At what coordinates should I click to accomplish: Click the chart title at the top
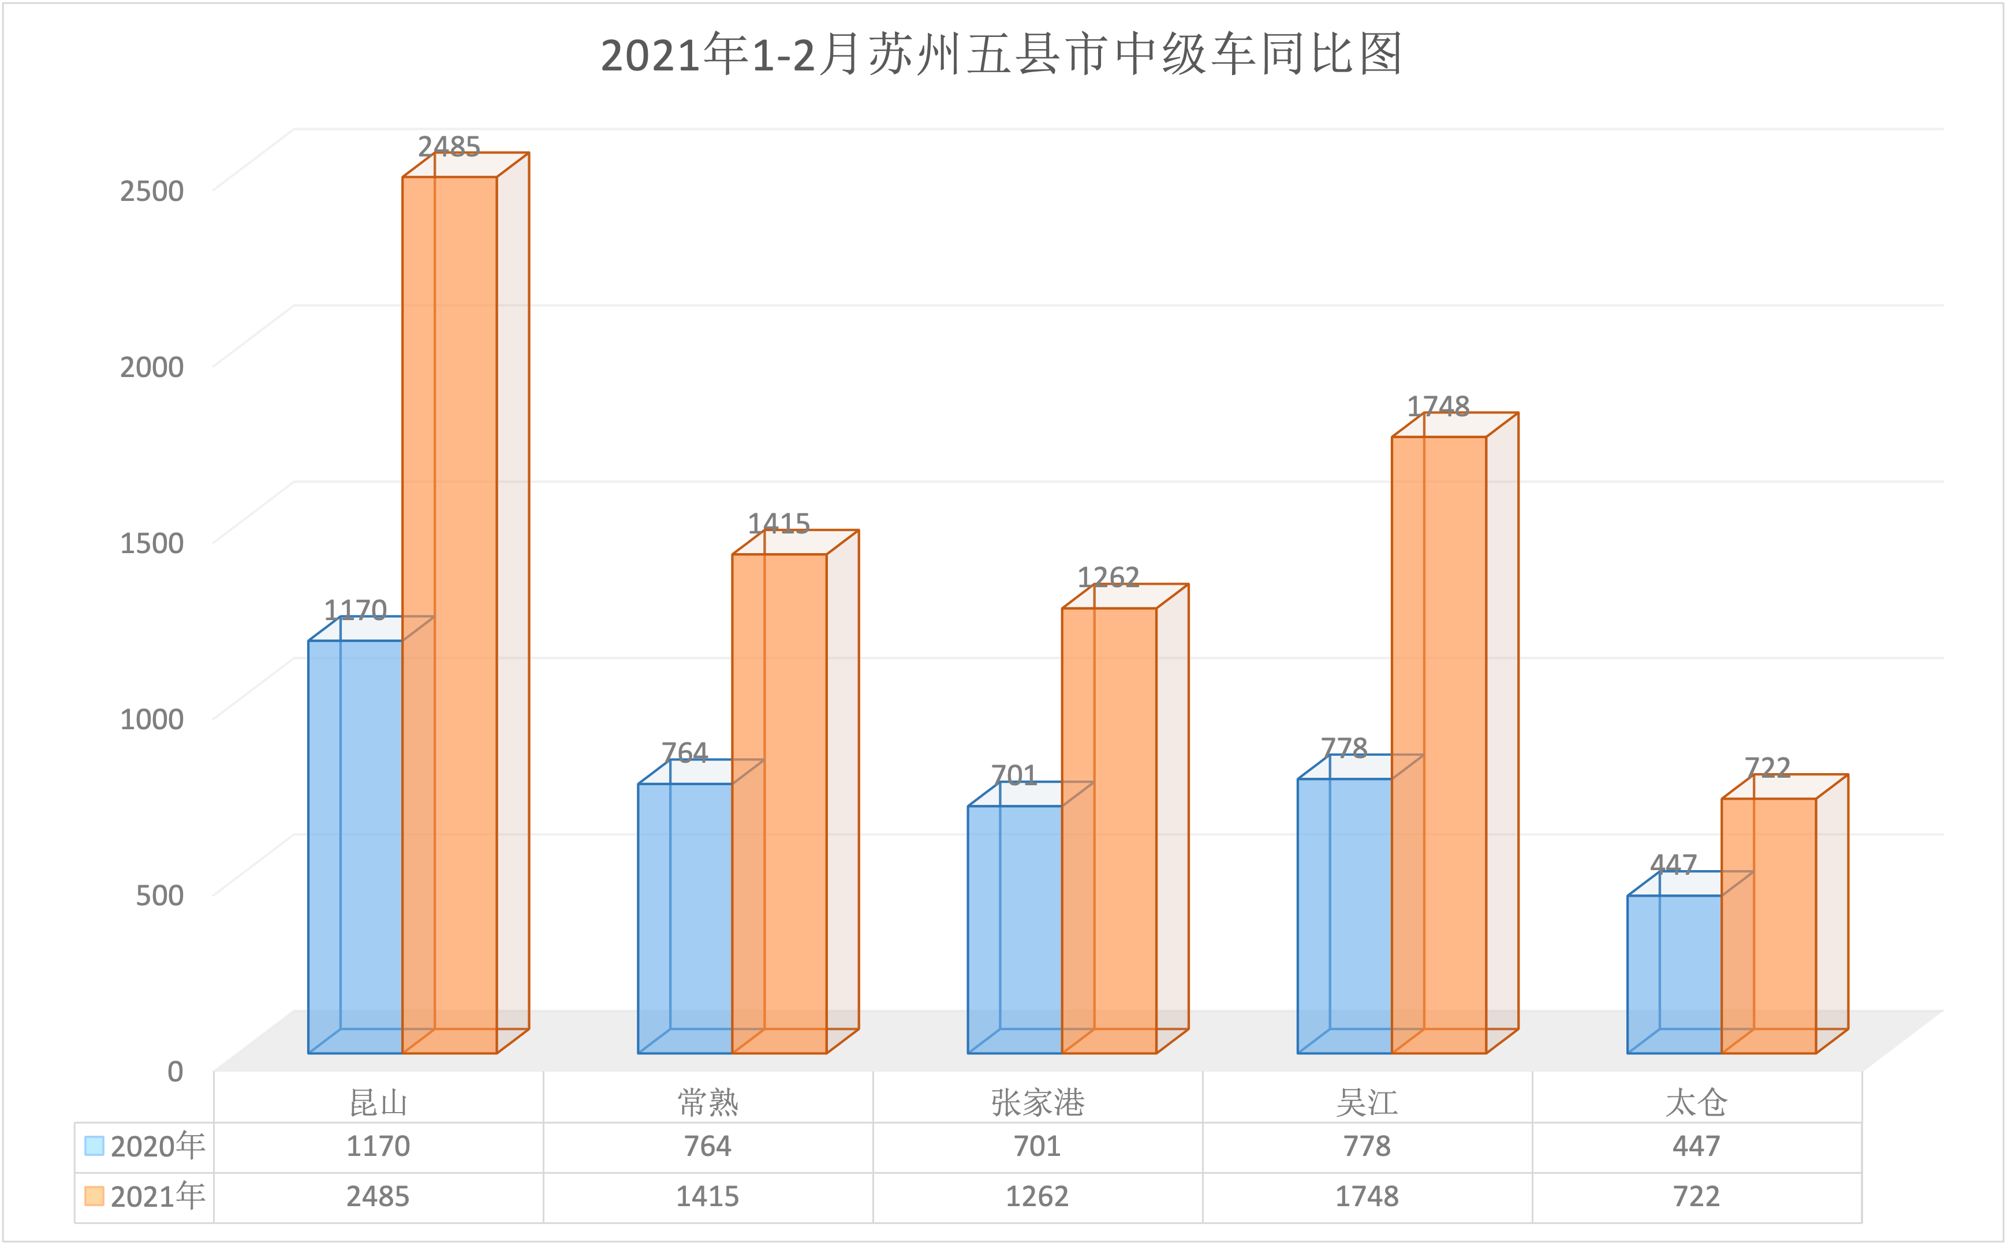pyautogui.click(x=1001, y=55)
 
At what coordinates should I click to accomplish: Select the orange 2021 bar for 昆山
pyautogui.click(x=450, y=614)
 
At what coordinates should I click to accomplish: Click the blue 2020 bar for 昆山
pyautogui.click(x=355, y=846)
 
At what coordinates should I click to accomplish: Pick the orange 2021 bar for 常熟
pyautogui.click(x=779, y=804)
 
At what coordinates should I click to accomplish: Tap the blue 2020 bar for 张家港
pyautogui.click(x=1014, y=929)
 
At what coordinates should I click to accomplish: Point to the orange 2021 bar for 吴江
pyautogui.click(x=1439, y=744)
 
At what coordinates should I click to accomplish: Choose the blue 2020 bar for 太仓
pyautogui.click(x=1674, y=974)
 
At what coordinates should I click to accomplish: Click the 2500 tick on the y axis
pyautogui.click(x=152, y=191)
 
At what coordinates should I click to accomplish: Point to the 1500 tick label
pyautogui.click(x=152, y=543)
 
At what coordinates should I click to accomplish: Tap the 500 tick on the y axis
pyautogui.click(x=159, y=895)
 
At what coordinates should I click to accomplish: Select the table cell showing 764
pyautogui.click(x=707, y=1146)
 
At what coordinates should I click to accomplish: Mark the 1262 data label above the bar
pyautogui.click(x=1108, y=577)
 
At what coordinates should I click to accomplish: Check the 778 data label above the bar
pyautogui.click(x=1344, y=748)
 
